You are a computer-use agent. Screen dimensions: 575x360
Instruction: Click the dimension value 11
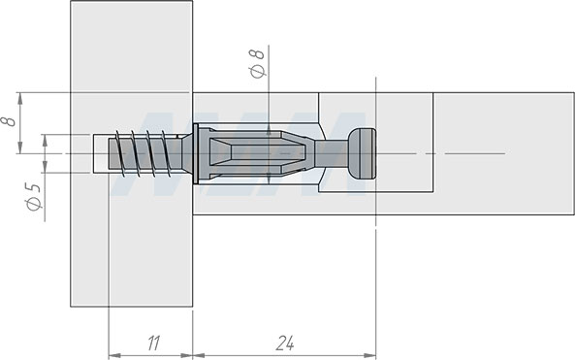(154, 344)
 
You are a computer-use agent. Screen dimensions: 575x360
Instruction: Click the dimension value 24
(284, 344)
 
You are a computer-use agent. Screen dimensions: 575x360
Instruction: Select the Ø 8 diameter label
(257, 63)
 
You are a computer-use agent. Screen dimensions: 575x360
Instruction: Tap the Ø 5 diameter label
(34, 196)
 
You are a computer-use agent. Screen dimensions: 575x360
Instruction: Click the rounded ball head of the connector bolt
(362, 153)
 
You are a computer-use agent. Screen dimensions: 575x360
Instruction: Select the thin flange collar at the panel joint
(196, 153)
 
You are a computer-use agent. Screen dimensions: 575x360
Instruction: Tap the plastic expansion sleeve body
(257, 153)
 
